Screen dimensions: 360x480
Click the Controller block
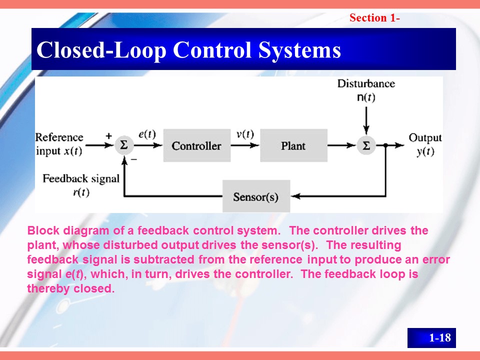(196, 145)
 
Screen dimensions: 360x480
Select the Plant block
(293, 145)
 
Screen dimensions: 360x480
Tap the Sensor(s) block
(255, 196)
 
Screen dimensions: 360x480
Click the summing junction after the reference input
(122, 145)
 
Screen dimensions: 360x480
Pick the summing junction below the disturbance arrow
(366, 145)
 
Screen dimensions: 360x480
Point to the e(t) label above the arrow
(147, 134)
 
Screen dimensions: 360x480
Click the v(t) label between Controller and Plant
(245, 134)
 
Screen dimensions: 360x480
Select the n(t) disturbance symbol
(366, 97)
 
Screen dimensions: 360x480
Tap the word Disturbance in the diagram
(366, 83)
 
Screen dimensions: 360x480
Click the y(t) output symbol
(425, 152)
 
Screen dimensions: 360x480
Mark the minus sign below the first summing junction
(133, 158)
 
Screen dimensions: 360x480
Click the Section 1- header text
(374, 18)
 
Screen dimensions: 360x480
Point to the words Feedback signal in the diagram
(81, 178)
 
